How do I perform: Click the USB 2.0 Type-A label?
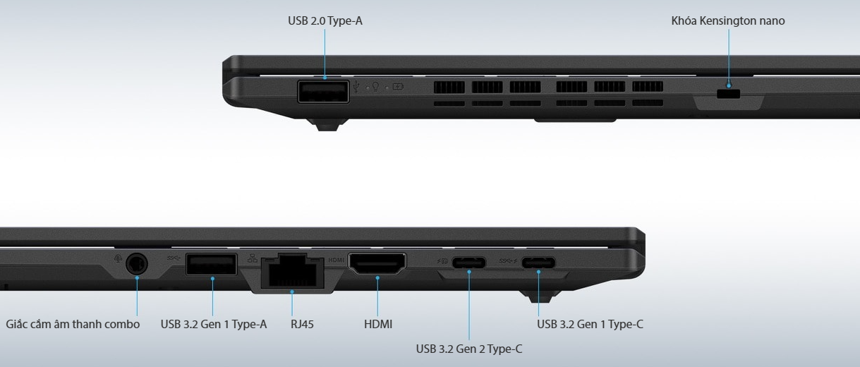coord(325,21)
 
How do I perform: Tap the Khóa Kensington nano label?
coord(727,21)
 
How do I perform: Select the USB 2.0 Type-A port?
coord(323,92)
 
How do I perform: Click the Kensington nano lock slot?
coord(729,94)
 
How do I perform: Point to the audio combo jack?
coord(137,265)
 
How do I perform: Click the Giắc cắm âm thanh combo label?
coord(73,325)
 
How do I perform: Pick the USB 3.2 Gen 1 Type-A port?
coord(211,265)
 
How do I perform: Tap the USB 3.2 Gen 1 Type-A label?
coord(213,325)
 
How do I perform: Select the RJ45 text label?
coord(302,325)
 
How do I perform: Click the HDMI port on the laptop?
coord(377,265)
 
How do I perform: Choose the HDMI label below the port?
coord(377,325)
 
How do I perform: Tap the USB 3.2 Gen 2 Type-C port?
coord(468,264)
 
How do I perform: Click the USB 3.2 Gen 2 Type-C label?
coord(468,349)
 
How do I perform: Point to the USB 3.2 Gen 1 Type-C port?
coord(538,264)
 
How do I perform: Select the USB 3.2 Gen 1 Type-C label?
coord(590,325)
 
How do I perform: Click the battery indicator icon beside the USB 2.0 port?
coord(398,88)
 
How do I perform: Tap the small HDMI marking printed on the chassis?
coord(337,260)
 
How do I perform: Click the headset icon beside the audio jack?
coord(118,258)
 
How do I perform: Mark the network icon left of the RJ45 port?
coord(253,258)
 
